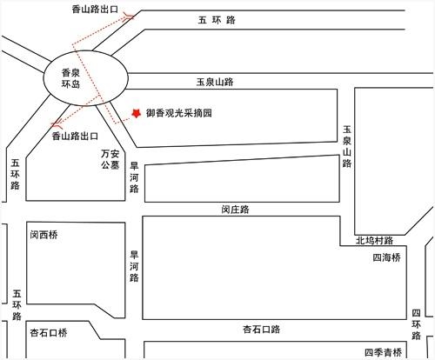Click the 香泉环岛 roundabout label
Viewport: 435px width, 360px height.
pyautogui.click(x=70, y=78)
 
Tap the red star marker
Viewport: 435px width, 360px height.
pyautogui.click(x=136, y=113)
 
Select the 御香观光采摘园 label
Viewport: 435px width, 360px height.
pyautogui.click(x=178, y=113)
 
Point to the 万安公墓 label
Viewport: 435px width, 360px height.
pyautogui.click(x=110, y=159)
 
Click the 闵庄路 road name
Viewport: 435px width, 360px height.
pyautogui.click(x=235, y=209)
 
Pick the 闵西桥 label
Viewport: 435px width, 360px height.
pyautogui.click(x=43, y=235)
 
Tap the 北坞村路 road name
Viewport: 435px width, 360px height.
pyautogui.click(x=374, y=240)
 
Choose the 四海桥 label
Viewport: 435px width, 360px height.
pyautogui.click(x=386, y=257)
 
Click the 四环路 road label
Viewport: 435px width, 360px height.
pyautogui.click(x=416, y=324)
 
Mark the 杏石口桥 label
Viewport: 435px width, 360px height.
pyautogui.click(x=49, y=332)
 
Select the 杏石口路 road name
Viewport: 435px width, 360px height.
pyautogui.click(x=261, y=330)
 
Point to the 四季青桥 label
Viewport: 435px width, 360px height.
pyautogui.click(x=383, y=352)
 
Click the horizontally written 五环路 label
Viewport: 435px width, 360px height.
pyautogui.click(x=217, y=20)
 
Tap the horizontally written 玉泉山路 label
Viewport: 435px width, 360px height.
pyautogui.click(x=215, y=82)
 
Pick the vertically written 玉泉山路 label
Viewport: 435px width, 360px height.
pyautogui.click(x=347, y=147)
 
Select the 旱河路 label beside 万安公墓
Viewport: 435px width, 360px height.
pyautogui.click(x=134, y=177)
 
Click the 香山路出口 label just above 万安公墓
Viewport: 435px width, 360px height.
pyautogui.click(x=75, y=136)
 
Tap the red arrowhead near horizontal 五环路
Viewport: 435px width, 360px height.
pyautogui.click(x=129, y=17)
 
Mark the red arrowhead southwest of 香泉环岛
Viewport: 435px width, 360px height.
pyautogui.click(x=57, y=123)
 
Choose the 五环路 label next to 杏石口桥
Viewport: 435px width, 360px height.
pyautogui.click(x=17, y=305)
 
